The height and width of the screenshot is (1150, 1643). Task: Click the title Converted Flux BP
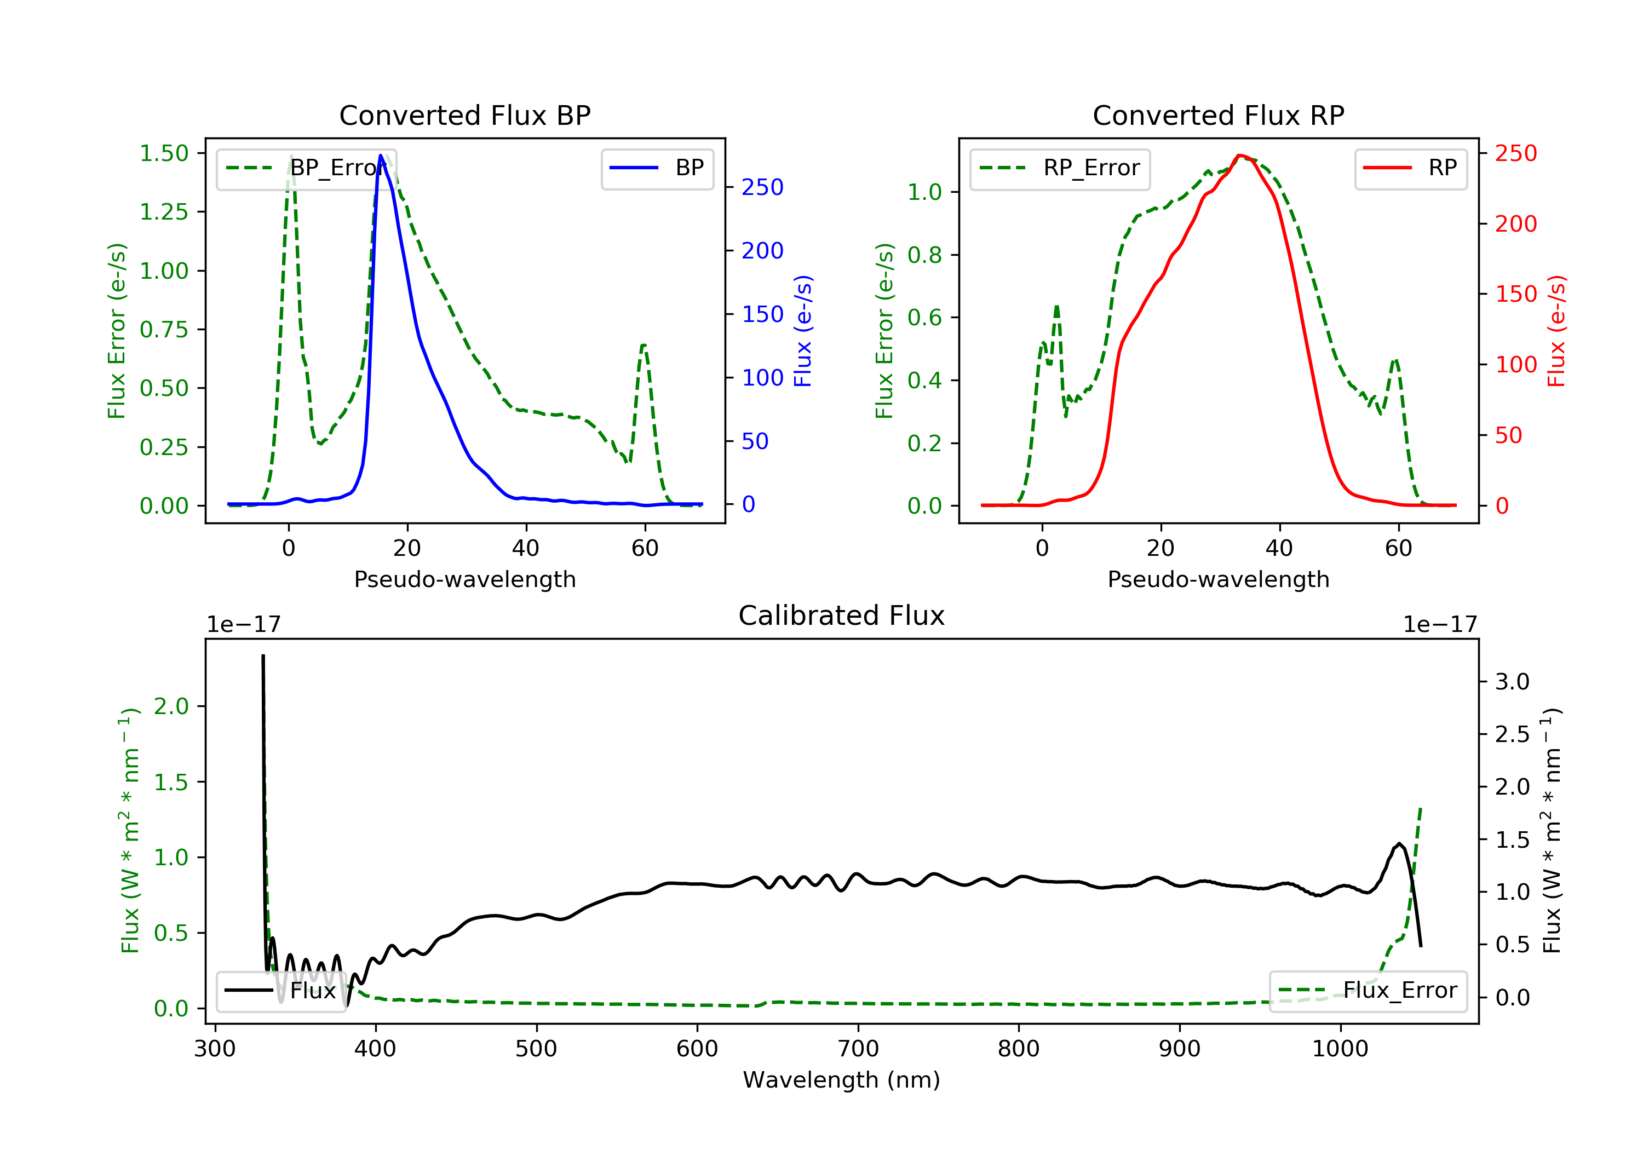(464, 115)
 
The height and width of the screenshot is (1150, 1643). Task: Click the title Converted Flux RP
(1218, 115)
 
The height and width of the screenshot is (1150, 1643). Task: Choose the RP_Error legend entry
(1060, 168)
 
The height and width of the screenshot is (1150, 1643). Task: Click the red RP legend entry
(1410, 168)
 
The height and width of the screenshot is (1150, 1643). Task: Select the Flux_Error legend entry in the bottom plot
(1368, 991)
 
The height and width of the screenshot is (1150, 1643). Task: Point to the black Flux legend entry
(280, 991)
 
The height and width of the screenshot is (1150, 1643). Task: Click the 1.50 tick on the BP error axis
(164, 153)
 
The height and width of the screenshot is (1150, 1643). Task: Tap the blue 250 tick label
(762, 187)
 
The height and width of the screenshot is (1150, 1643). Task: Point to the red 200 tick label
(1515, 224)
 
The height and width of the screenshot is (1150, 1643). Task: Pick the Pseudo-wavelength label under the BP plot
(464, 579)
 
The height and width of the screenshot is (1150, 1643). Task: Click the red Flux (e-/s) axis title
(1557, 331)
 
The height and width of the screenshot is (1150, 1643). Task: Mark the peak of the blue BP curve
(381, 156)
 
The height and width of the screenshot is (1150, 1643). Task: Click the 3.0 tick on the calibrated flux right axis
(1512, 681)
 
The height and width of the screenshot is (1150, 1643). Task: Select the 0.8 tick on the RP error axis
(924, 255)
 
